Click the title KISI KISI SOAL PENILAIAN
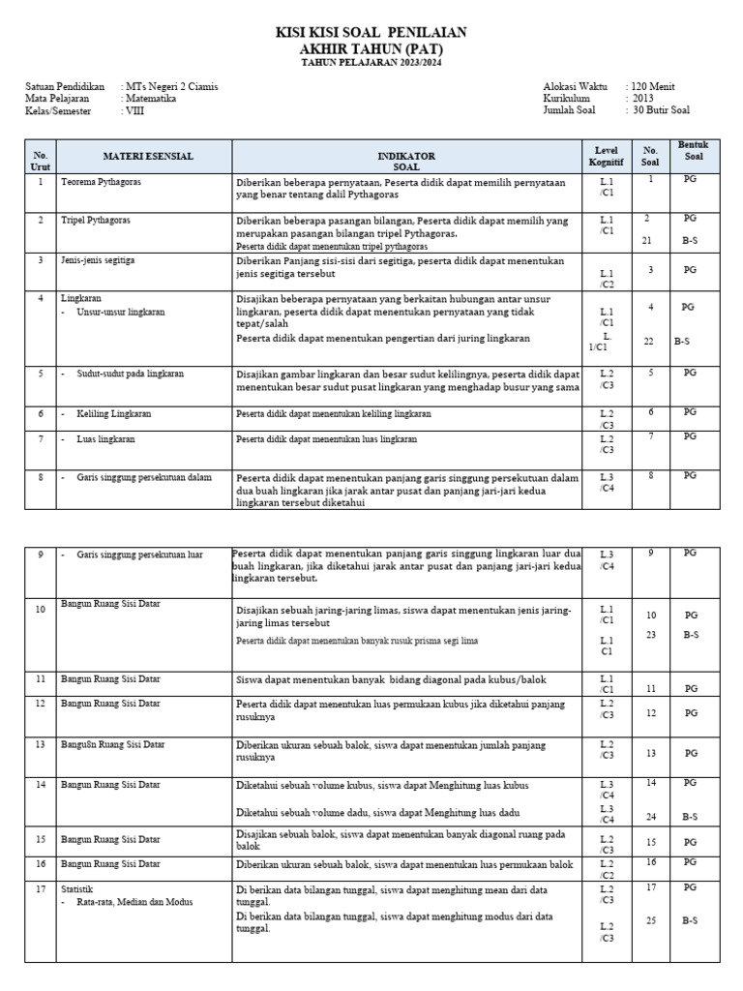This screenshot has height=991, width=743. coord(371,33)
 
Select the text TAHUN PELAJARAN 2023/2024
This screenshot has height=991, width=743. coord(371,63)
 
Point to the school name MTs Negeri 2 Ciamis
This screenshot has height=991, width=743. coord(172,86)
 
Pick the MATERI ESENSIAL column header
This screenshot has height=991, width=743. coord(148,156)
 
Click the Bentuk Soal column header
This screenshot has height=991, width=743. coord(693,150)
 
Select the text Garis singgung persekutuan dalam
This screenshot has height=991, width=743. coord(142,477)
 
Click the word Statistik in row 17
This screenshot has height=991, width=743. coord(78,888)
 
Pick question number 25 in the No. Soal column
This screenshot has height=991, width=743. coord(651,920)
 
